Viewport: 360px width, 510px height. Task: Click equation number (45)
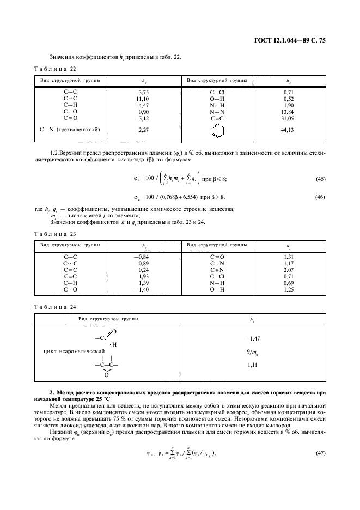pyautogui.click(x=320, y=179)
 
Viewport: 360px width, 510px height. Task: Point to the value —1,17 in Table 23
pyautogui.click(x=288, y=263)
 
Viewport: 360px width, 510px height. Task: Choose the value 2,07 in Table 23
pyautogui.click(x=289, y=270)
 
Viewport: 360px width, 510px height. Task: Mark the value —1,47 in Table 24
pyautogui.click(x=252, y=339)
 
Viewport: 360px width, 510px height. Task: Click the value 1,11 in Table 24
pyautogui.click(x=252, y=364)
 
